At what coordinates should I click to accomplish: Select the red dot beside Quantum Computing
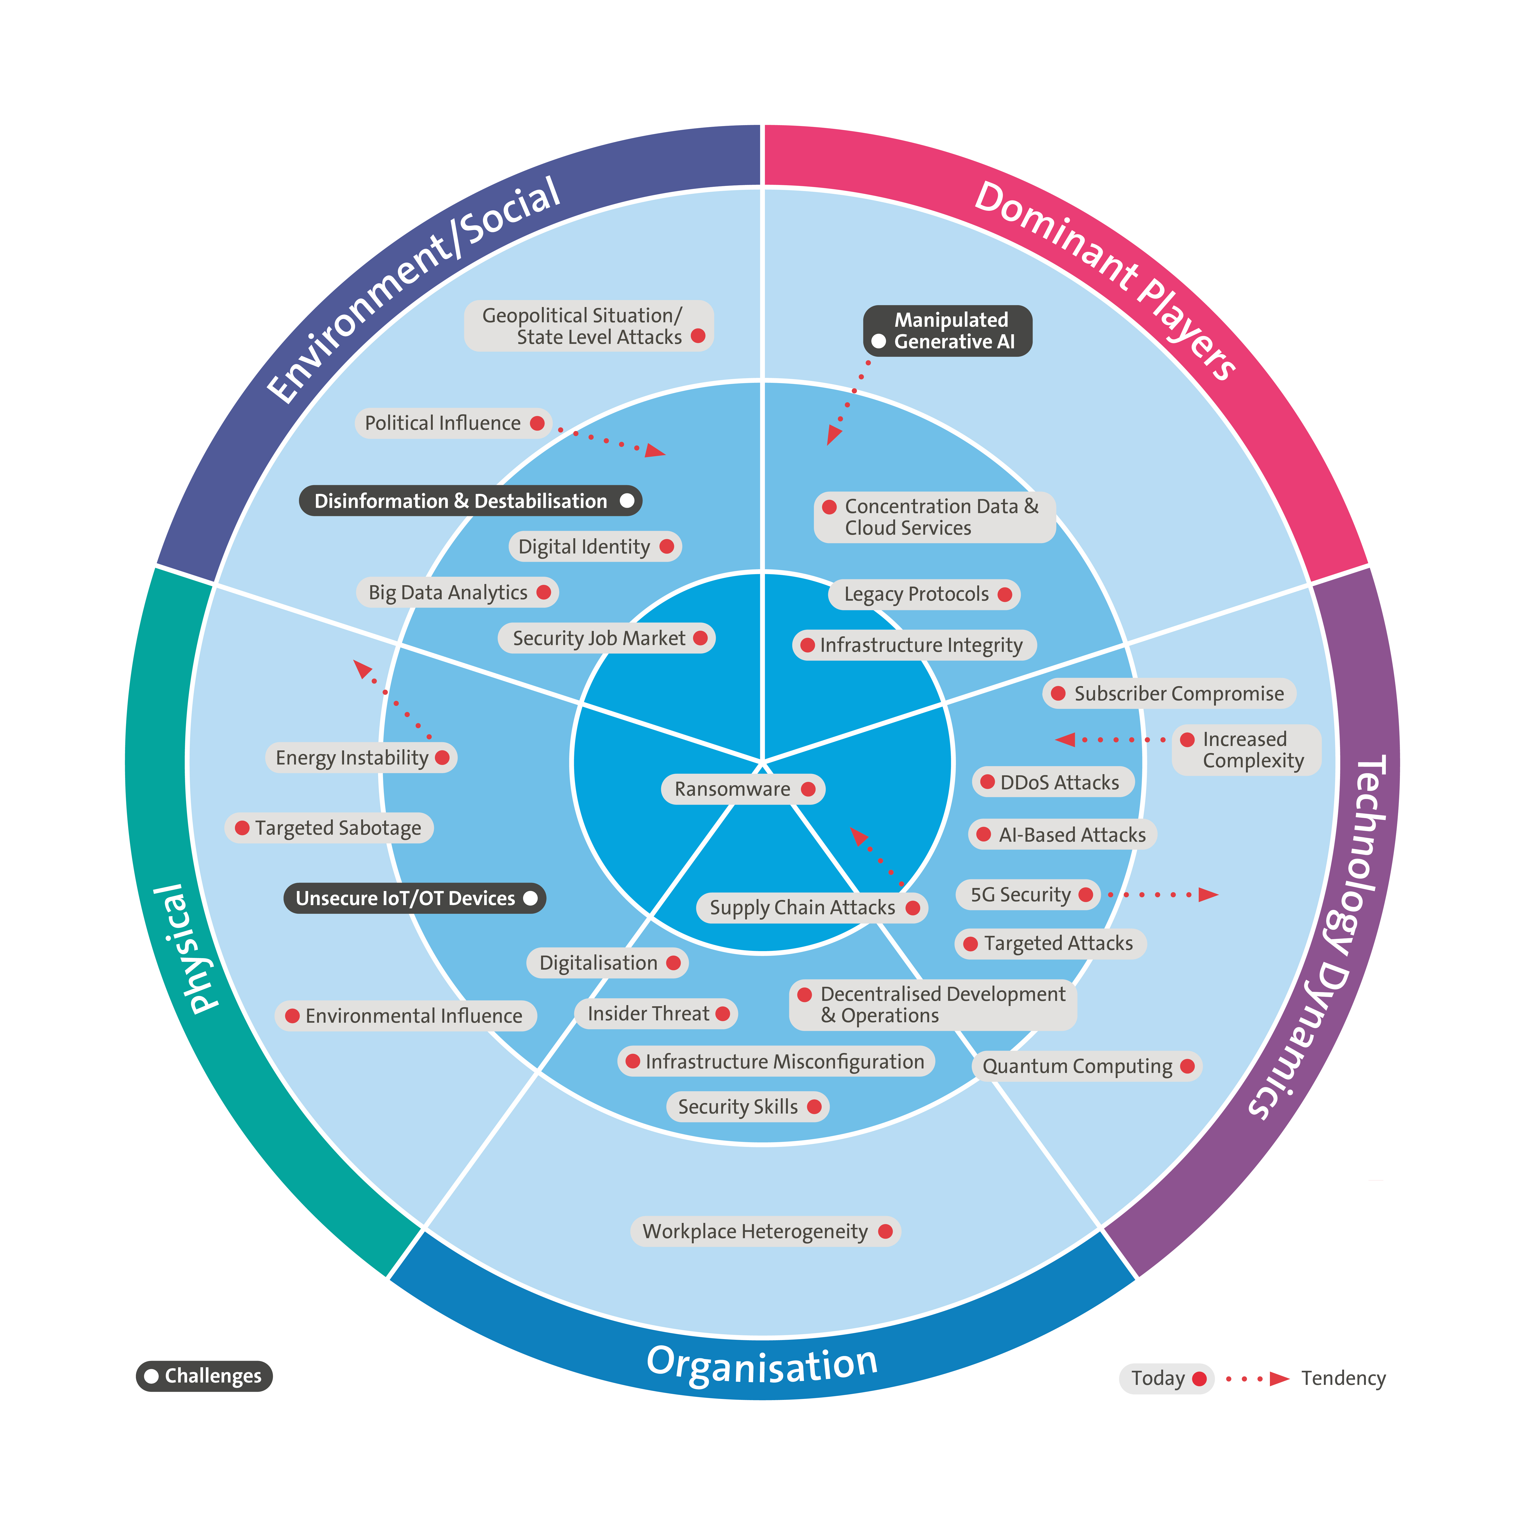1187,1066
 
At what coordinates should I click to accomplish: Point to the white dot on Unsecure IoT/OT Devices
530,898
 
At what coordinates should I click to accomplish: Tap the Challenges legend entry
204,1376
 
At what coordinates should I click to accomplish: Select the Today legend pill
1165,1378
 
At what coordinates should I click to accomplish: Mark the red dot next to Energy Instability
442,758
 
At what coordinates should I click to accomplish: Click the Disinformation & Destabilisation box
470,501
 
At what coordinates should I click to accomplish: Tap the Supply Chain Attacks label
802,908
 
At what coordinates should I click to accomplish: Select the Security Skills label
738,1107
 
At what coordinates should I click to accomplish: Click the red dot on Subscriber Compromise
1058,694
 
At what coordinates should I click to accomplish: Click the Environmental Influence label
414,1016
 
